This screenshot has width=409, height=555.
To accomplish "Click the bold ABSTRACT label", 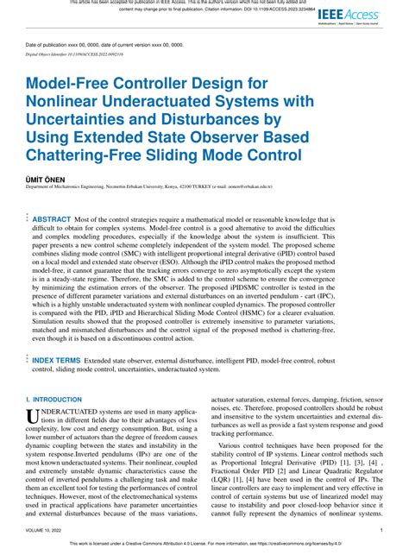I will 51,220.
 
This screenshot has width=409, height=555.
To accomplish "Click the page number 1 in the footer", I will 381,530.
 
